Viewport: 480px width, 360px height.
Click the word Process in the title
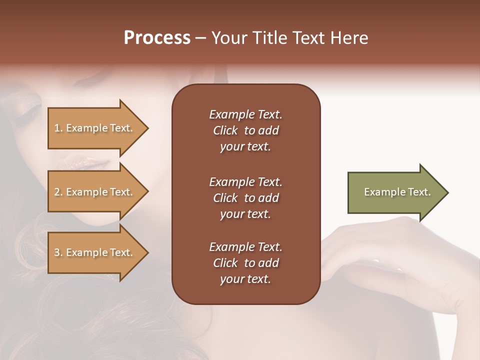click(x=157, y=38)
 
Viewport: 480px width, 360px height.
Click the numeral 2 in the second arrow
click(x=57, y=192)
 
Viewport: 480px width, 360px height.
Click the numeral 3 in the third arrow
click(x=57, y=252)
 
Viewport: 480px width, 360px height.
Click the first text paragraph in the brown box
click(x=245, y=130)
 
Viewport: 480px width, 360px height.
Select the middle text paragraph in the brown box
click(x=245, y=197)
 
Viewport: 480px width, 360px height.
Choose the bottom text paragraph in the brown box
click(x=245, y=263)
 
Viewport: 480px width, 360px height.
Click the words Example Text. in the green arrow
click(x=397, y=192)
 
